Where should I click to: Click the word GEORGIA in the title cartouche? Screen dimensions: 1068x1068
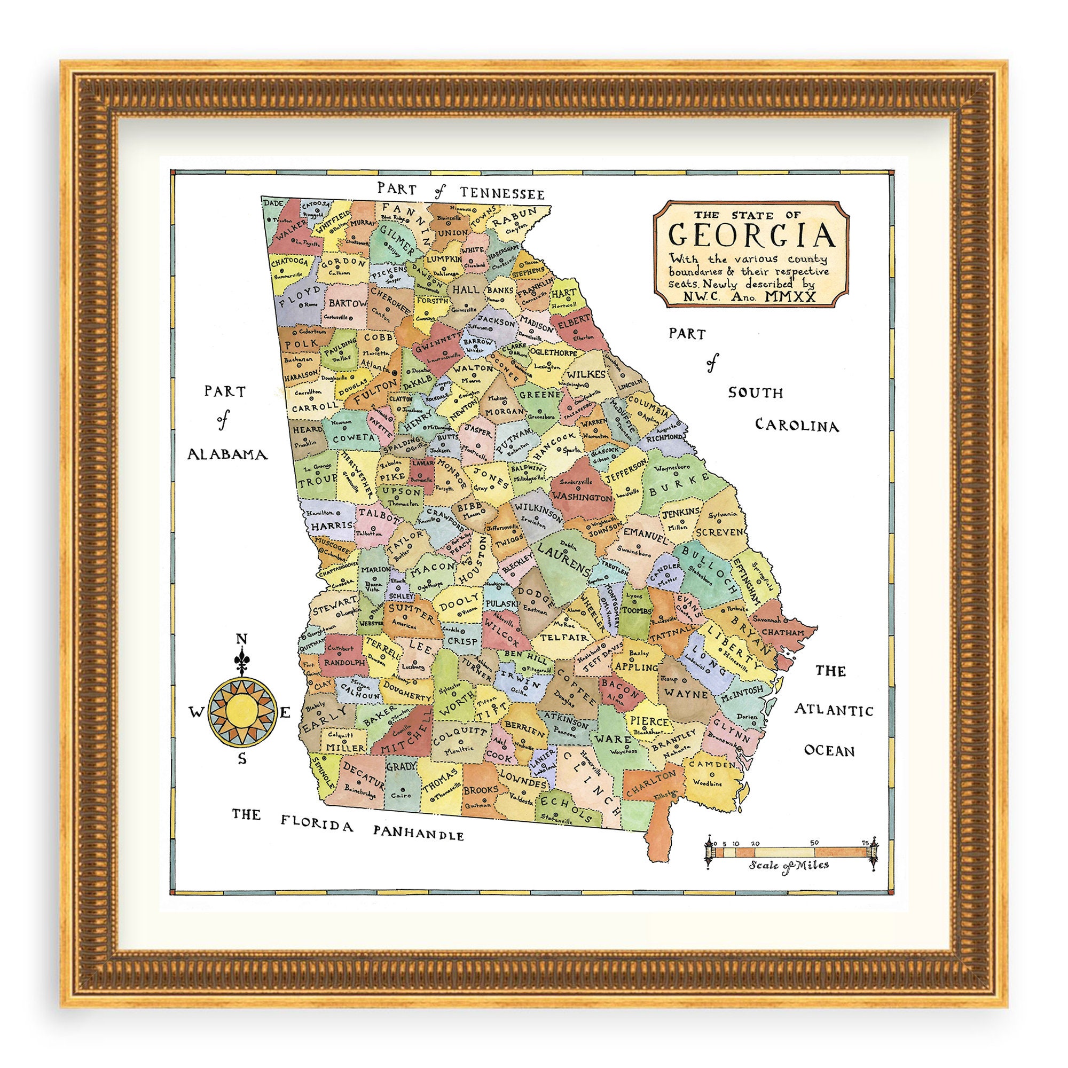coord(752,234)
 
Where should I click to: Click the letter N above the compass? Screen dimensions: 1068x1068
coord(241,640)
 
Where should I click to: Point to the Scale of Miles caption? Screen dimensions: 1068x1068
coord(789,865)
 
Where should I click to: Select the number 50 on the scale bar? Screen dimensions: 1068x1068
coord(814,843)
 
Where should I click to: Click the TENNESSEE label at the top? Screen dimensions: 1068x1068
coord(502,193)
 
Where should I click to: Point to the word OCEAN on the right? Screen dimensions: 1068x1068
coord(829,751)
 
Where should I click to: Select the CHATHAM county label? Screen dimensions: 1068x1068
coord(783,632)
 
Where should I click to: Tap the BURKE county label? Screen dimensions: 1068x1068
coord(679,485)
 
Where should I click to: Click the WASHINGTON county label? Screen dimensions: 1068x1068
coord(582,498)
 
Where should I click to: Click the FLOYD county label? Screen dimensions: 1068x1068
coord(300,295)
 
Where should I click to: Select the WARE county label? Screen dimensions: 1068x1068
coord(614,739)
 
